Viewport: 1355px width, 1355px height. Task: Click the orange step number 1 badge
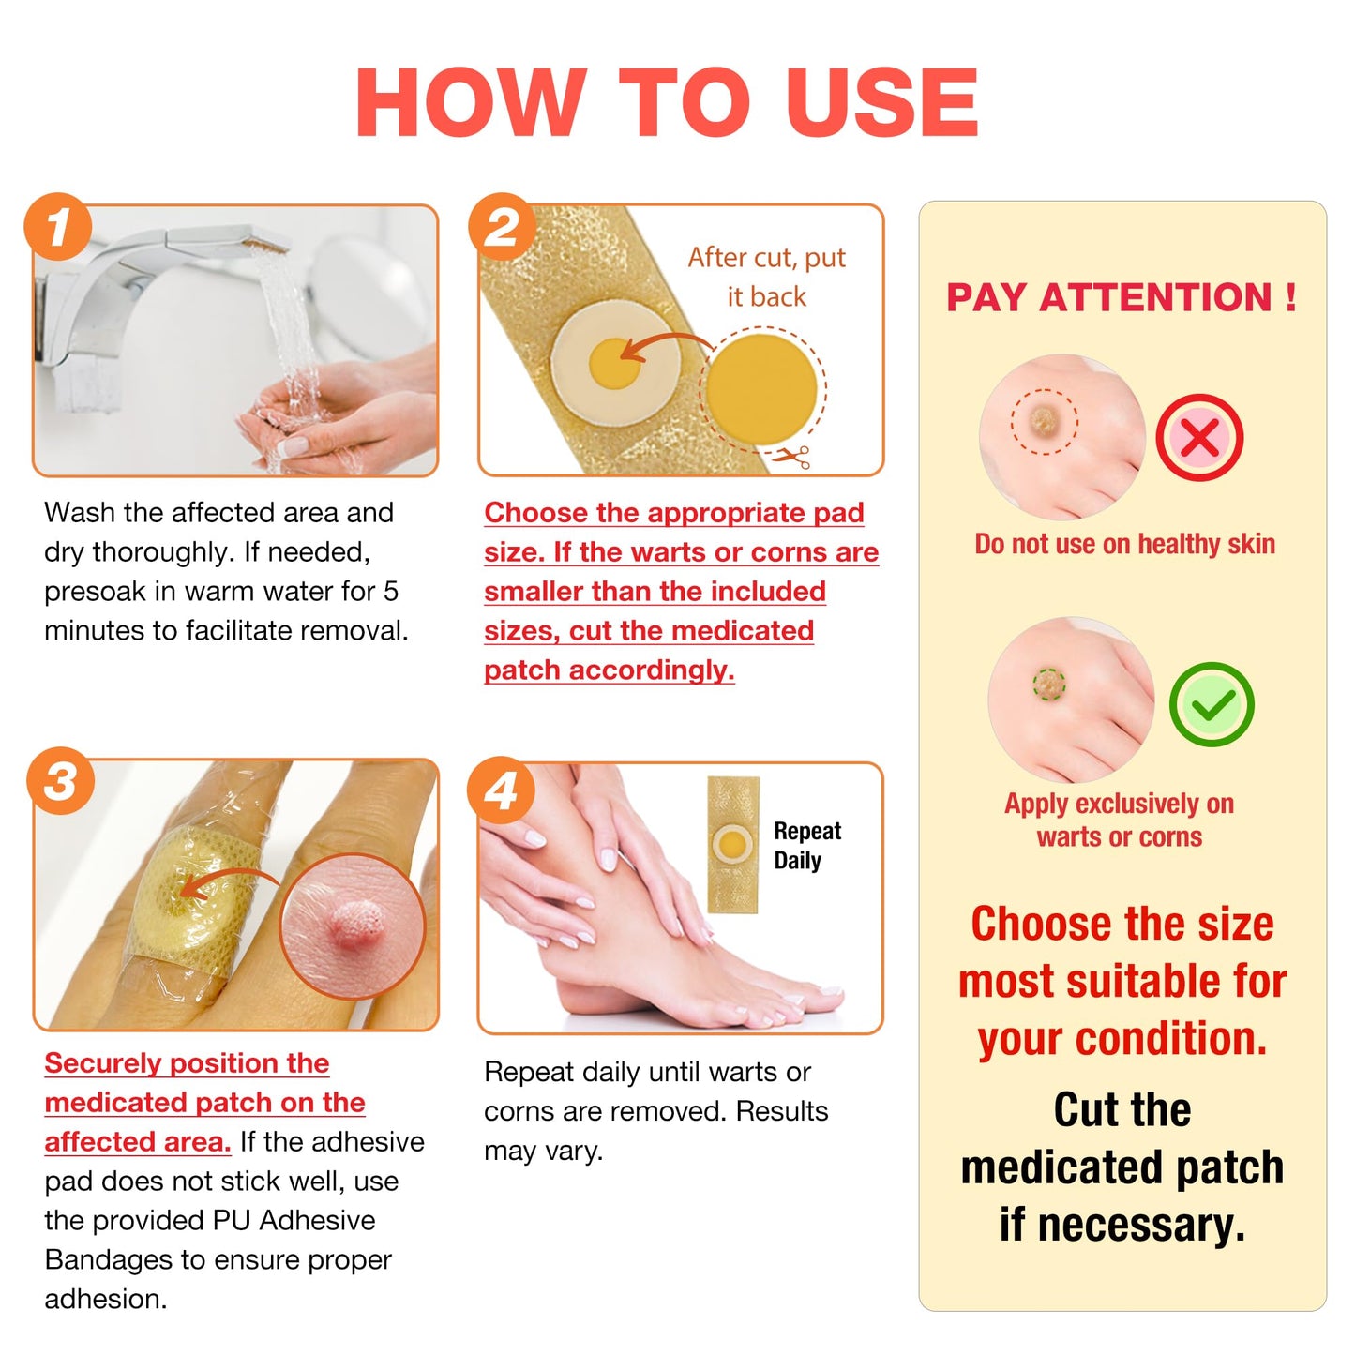coord(58,226)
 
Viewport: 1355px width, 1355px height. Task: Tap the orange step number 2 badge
coord(502,226)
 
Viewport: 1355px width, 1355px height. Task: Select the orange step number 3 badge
coord(60,780)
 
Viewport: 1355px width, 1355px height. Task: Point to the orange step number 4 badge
coord(501,790)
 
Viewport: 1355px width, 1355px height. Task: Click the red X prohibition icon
coord(1199,437)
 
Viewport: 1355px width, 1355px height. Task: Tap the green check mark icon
coord(1212,704)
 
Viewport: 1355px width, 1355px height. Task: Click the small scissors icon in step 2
coord(793,457)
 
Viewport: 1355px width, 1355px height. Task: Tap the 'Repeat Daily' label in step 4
coord(806,845)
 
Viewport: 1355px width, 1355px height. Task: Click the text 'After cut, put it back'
coord(766,277)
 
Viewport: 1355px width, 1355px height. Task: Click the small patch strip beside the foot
coord(732,845)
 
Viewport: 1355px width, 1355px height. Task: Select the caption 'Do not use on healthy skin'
coord(1124,544)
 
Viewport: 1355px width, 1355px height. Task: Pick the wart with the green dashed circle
coord(1049,684)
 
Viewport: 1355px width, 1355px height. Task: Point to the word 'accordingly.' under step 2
coord(651,670)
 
